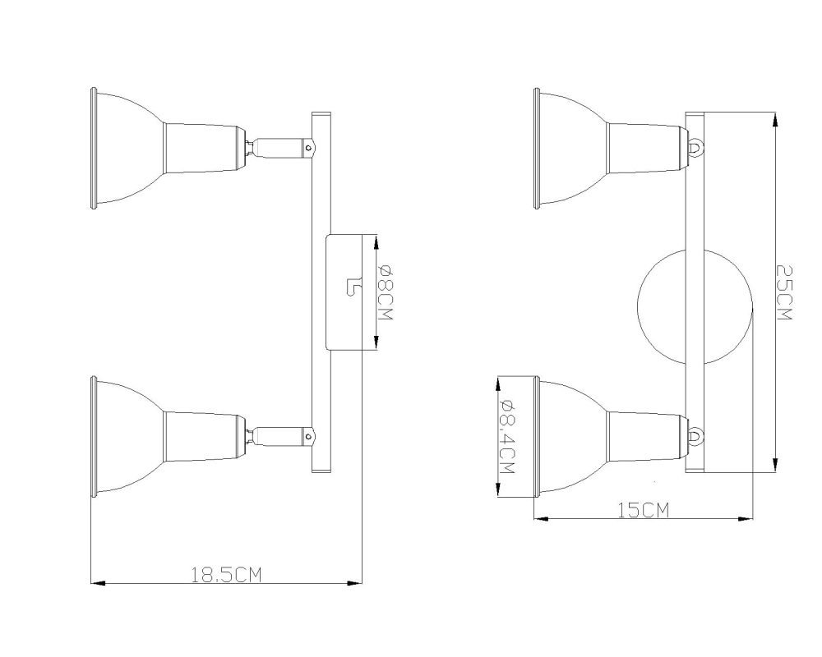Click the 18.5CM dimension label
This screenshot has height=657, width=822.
225,575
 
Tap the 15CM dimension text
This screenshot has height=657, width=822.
644,510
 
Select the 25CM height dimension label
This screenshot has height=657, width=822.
784,292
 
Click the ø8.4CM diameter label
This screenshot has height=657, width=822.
507,437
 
